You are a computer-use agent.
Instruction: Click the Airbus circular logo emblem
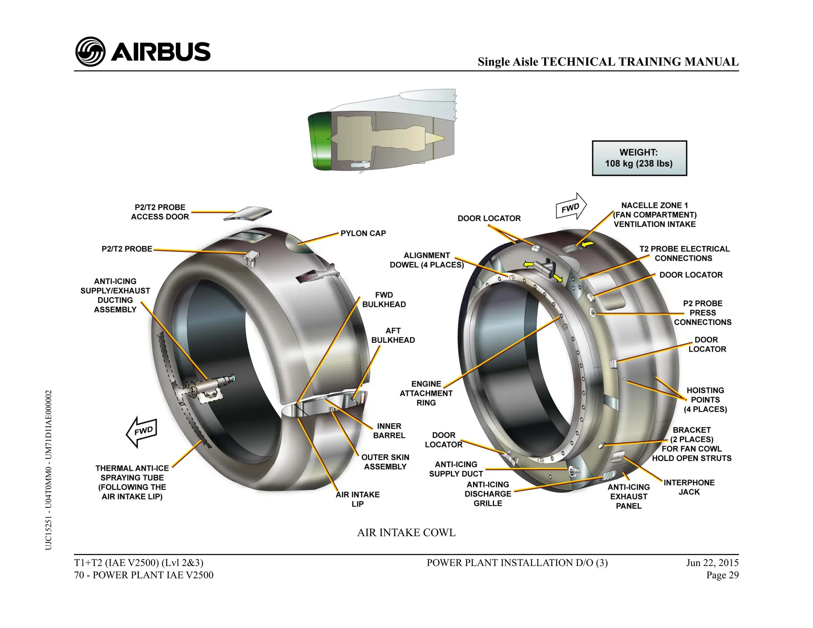click(x=90, y=52)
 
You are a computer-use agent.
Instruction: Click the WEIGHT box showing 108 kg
click(x=639, y=158)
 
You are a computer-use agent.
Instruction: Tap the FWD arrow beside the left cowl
click(x=142, y=432)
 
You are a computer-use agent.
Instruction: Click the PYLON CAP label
click(x=363, y=233)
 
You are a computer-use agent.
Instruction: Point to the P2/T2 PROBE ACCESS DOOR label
click(x=160, y=212)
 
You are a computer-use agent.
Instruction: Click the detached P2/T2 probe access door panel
click(x=248, y=213)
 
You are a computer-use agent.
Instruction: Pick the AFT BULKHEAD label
click(x=393, y=335)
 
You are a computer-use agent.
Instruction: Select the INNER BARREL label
click(x=389, y=431)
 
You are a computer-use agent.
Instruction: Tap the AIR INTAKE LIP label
click(x=358, y=499)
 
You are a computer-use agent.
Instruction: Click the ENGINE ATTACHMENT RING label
click(x=426, y=393)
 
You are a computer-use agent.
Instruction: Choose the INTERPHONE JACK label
click(x=689, y=487)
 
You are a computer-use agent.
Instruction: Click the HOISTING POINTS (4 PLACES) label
click(x=705, y=400)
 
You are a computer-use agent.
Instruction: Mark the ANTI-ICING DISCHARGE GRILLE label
click(x=488, y=494)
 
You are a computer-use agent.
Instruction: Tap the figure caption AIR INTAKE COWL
click(x=406, y=532)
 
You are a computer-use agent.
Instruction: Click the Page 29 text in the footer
click(x=722, y=575)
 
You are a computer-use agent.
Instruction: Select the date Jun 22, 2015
click(x=713, y=563)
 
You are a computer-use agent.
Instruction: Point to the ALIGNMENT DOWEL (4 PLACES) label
click(x=427, y=260)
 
